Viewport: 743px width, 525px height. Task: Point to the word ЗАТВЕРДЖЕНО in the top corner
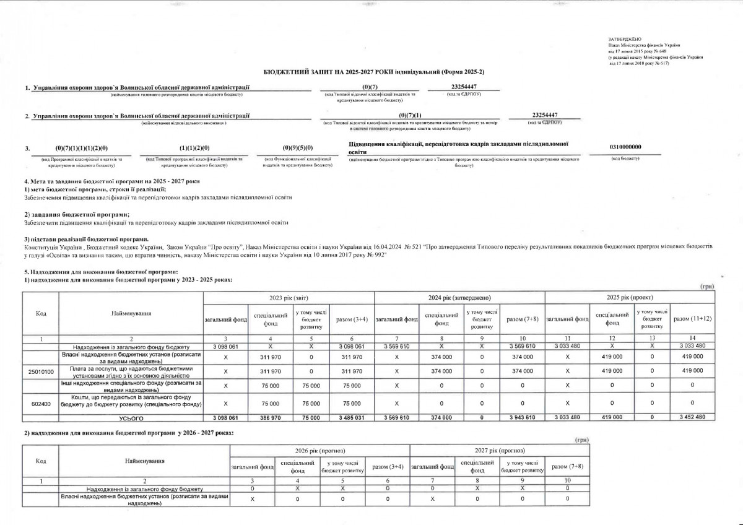click(622, 38)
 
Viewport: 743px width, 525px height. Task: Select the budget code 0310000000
click(625, 146)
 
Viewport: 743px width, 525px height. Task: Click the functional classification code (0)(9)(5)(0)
click(297, 148)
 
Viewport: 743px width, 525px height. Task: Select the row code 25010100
click(41, 370)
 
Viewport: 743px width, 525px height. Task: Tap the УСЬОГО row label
click(131, 418)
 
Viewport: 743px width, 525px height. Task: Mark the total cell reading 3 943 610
click(523, 418)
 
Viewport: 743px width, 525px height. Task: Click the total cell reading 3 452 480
click(692, 418)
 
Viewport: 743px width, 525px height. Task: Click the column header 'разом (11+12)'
click(692, 319)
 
